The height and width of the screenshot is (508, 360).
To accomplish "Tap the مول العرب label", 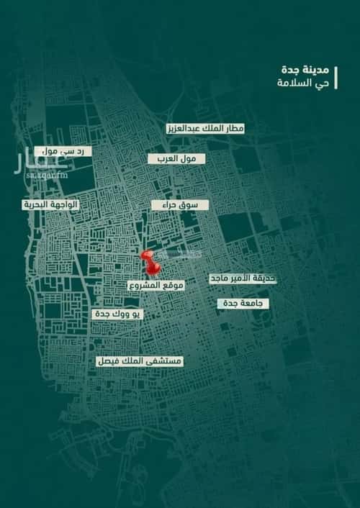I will (x=177, y=157).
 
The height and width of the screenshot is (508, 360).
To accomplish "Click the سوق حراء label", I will (x=180, y=205).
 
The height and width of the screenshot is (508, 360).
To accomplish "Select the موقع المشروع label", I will (x=156, y=286).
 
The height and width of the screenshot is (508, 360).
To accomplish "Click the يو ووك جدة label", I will (x=118, y=314).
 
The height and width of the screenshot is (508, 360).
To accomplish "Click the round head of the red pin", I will (x=146, y=256).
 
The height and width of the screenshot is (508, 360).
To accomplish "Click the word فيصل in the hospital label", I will (x=109, y=360).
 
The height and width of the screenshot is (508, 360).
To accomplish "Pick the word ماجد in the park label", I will (x=220, y=278).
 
